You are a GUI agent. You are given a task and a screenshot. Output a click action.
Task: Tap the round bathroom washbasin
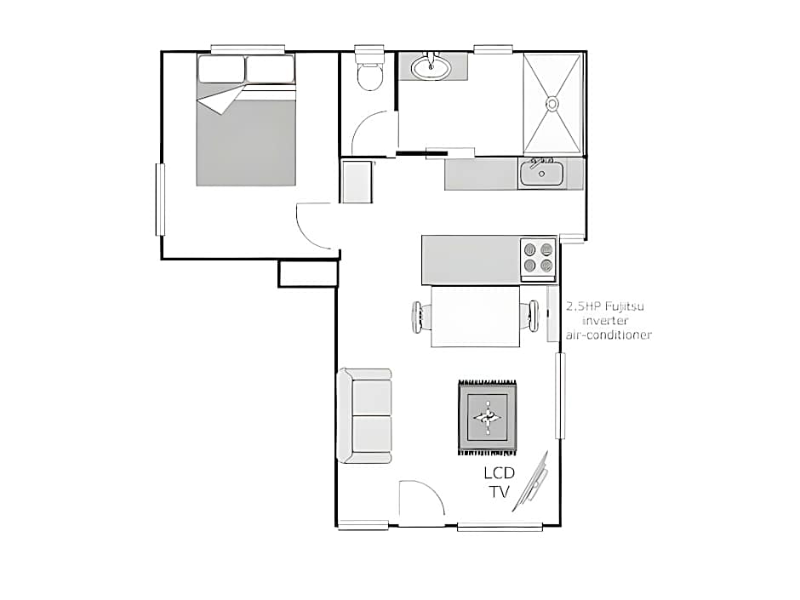431,67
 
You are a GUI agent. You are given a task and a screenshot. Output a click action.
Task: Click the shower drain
552,104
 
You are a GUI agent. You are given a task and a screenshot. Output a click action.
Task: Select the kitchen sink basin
541,173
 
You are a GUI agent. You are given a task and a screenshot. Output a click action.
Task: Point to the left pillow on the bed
221,69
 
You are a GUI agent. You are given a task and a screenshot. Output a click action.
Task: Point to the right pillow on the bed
270,69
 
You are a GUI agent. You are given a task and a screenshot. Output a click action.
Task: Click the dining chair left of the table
421,317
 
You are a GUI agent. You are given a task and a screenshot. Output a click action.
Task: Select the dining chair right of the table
530,316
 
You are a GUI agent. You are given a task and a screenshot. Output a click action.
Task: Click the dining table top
476,317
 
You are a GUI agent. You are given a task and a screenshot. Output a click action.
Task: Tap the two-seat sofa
365,416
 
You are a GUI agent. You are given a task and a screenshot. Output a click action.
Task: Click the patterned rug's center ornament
488,418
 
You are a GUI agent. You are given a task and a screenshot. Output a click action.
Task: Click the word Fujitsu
624,306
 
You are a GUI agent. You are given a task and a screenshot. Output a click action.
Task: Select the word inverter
605,321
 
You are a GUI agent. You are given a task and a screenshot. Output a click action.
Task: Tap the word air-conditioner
609,335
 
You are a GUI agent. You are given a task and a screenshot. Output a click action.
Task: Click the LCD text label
499,473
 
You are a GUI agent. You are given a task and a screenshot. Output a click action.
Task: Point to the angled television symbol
531,481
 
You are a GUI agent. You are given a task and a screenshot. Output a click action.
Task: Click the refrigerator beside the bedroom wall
357,182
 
